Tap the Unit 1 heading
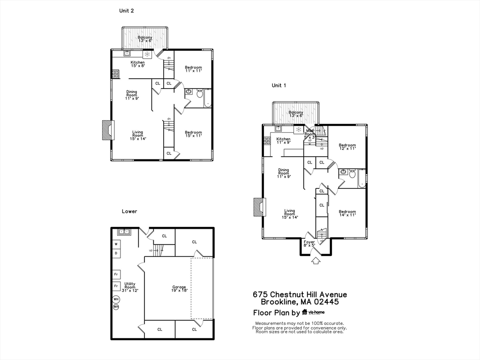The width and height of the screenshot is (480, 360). (279, 85)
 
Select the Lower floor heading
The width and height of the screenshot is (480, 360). (129, 211)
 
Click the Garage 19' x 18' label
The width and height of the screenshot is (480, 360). (179, 289)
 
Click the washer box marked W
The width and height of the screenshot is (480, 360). (116, 244)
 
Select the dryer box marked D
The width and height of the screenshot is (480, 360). (116, 253)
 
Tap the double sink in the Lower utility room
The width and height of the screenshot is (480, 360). (124, 231)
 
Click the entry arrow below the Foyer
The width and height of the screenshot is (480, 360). (315, 260)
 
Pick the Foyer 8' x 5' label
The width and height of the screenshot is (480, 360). (309, 244)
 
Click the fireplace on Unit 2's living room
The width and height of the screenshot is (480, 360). (108, 130)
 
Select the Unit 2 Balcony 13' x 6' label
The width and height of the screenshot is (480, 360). (145, 39)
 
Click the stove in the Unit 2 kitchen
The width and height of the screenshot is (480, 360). (115, 74)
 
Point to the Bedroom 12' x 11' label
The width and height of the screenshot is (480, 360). (347, 147)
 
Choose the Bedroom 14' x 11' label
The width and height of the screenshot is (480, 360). (347, 213)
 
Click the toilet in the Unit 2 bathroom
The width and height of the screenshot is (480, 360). (200, 94)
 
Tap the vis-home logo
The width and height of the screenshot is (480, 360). (314, 312)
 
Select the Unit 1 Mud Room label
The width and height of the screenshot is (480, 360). (310, 134)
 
